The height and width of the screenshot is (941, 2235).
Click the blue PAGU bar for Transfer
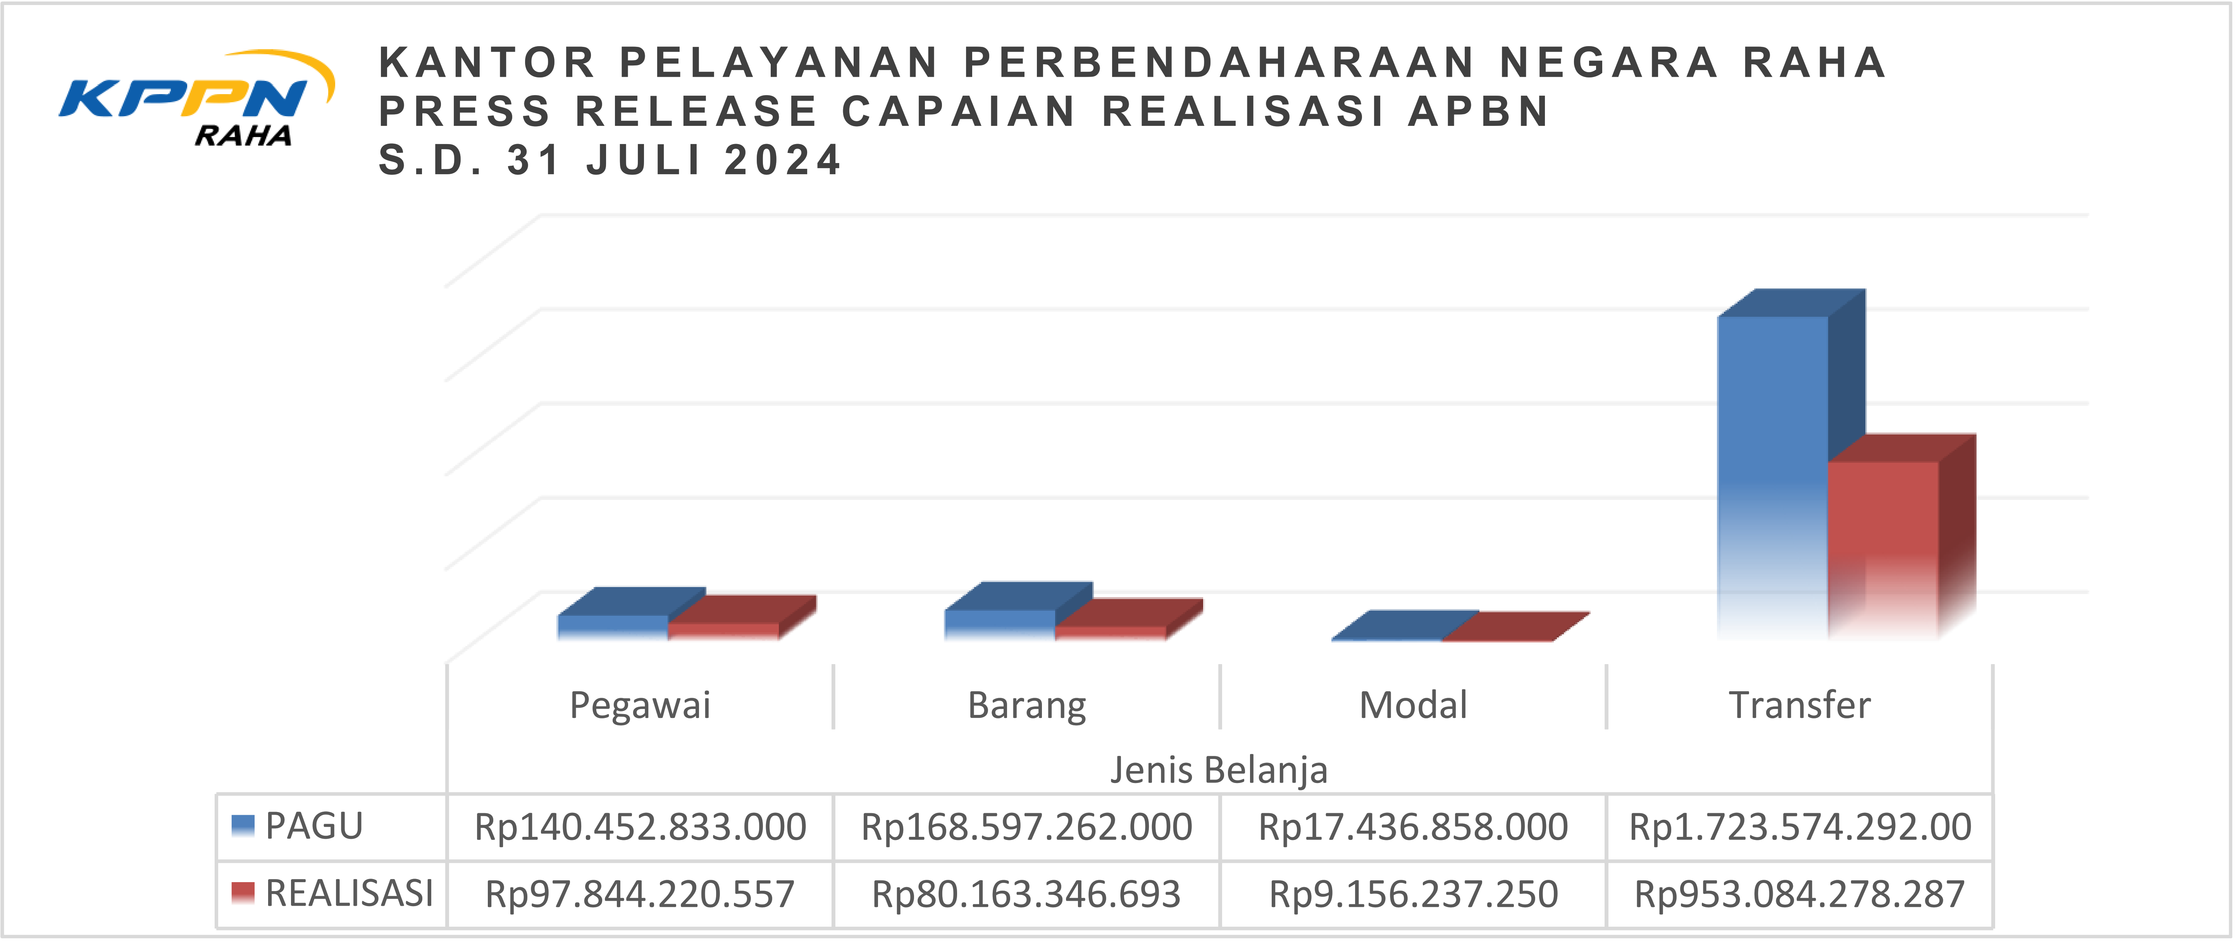pyautogui.click(x=1773, y=477)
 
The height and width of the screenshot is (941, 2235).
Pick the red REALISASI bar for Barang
pyautogui.click(x=1111, y=632)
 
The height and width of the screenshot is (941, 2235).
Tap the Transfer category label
pyautogui.click(x=1799, y=705)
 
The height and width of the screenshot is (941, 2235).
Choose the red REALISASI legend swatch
pyautogui.click(x=243, y=893)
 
